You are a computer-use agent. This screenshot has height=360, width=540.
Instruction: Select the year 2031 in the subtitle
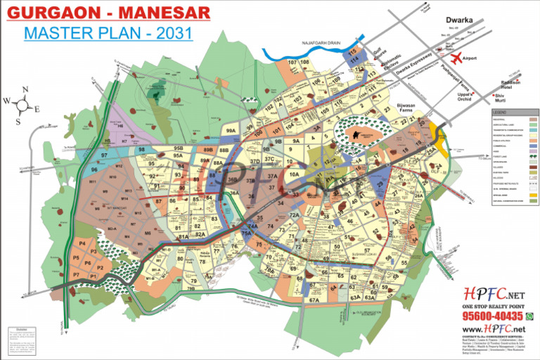[175, 32]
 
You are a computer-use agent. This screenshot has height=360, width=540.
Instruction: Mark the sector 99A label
[229, 131]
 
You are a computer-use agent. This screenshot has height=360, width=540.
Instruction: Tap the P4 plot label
[83, 243]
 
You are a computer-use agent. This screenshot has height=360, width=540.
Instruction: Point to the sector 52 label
[376, 231]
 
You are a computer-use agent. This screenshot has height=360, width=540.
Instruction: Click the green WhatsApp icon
[529, 316]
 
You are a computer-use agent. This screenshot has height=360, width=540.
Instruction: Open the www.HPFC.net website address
[493, 329]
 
